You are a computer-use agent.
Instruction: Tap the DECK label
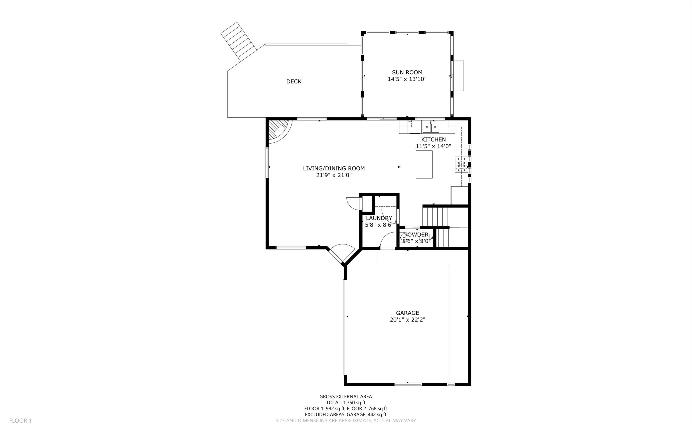(x=294, y=81)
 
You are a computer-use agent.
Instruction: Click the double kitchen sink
(x=431, y=127)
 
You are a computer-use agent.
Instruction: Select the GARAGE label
(x=407, y=313)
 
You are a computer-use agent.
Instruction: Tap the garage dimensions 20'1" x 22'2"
(x=407, y=320)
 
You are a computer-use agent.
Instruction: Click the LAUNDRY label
(x=379, y=218)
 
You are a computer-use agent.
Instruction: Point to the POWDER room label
(x=416, y=235)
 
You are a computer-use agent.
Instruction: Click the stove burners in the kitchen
(x=461, y=165)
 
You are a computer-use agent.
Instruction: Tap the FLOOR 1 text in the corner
(x=20, y=420)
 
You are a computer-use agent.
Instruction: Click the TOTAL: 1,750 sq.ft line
(x=346, y=402)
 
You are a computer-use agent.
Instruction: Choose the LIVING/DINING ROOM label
(x=334, y=168)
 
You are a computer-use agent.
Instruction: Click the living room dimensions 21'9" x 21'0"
(x=334, y=175)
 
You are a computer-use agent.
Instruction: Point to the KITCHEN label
(x=433, y=139)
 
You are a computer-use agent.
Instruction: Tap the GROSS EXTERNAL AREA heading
(x=346, y=396)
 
